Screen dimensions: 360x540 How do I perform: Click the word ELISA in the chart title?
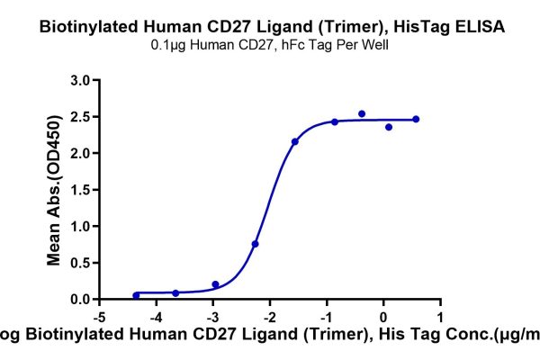[477, 27]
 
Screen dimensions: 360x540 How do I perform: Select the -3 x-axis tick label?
[213, 317]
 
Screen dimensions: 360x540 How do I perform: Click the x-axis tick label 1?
[440, 317]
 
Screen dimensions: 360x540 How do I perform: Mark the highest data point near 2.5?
[362, 114]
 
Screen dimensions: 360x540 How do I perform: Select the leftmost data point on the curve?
[136, 295]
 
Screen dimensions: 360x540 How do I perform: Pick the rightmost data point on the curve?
[416, 120]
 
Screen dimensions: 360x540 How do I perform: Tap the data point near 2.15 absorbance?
[295, 142]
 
